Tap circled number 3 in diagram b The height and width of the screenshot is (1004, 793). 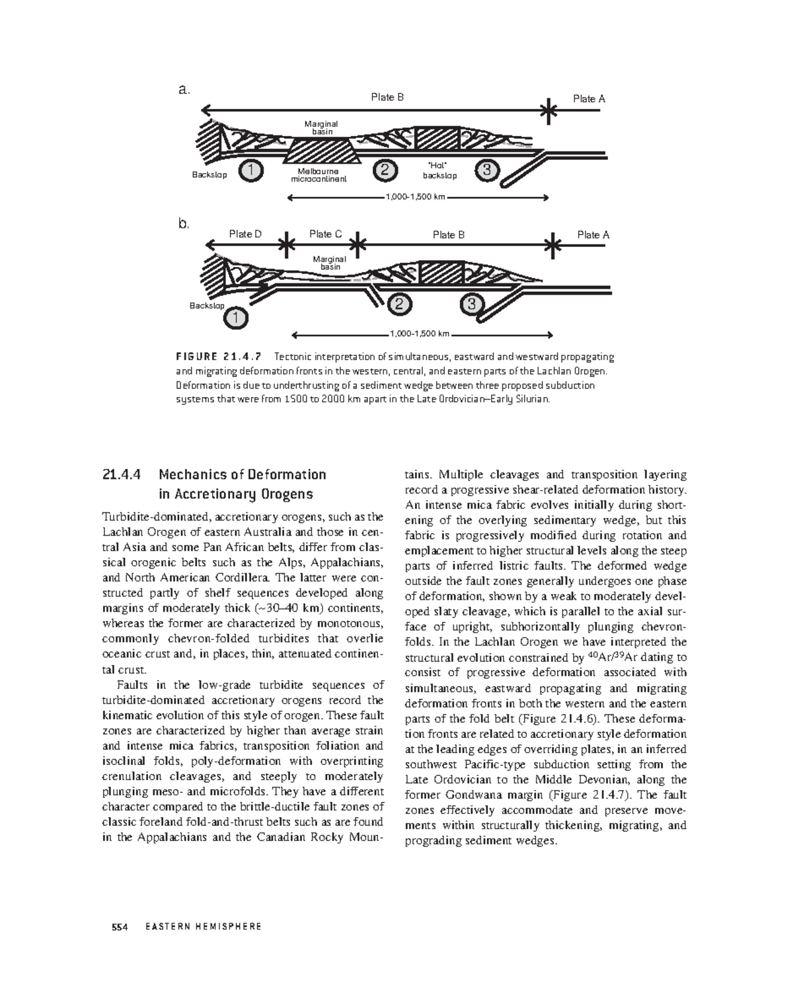coord(471,305)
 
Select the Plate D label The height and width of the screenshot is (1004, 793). coord(245,234)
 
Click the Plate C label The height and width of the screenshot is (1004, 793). coord(325,234)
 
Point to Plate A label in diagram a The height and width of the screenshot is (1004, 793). coord(589,98)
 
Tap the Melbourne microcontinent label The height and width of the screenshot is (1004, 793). coord(319,175)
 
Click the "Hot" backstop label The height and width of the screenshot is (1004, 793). coord(439,170)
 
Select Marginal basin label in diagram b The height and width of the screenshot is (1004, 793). coord(329,263)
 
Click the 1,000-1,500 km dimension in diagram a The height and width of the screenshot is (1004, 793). coord(418,197)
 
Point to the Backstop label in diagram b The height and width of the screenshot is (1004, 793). coord(207,306)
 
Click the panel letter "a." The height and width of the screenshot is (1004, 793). coord(185,89)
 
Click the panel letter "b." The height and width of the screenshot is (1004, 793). coord(184,224)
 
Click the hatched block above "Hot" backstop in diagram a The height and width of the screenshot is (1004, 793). coord(437,139)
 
